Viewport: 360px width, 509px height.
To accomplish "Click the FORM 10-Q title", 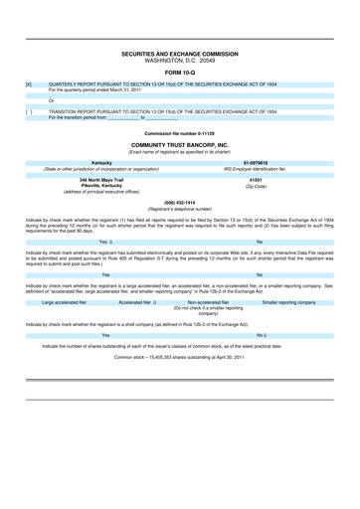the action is tap(180, 73).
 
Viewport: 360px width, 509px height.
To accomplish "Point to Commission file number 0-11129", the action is tap(180, 132).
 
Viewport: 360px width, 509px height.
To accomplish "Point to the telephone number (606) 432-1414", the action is tap(180, 202).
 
